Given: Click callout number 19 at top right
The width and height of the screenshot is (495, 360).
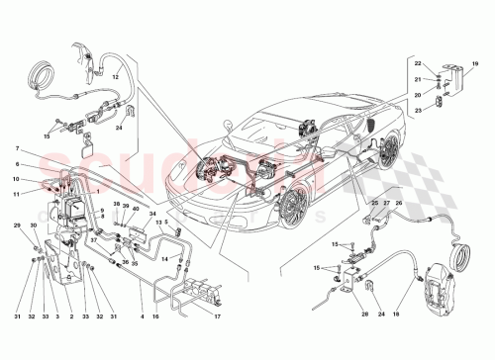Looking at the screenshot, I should point(474,64).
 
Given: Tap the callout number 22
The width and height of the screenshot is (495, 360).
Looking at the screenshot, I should point(418,64).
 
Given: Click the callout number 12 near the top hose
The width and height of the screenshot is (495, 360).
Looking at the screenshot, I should point(116,76).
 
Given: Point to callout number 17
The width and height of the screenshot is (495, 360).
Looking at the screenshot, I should point(216,316).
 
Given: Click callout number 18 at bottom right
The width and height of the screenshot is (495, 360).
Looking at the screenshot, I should point(401,316).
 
